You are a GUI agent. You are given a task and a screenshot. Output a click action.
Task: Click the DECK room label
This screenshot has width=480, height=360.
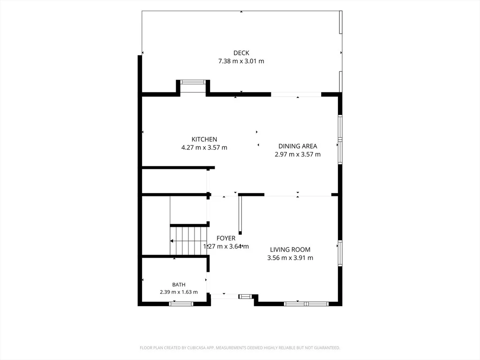(x=241, y=53)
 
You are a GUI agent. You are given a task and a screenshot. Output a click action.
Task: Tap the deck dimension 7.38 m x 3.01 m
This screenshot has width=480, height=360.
(x=241, y=61)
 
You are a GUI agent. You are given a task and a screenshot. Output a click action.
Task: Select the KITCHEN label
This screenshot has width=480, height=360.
(x=204, y=139)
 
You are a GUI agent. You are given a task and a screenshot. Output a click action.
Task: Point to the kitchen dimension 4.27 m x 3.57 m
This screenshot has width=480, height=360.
(x=204, y=148)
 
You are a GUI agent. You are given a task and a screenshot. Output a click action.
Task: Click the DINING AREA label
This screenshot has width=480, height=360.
(x=298, y=146)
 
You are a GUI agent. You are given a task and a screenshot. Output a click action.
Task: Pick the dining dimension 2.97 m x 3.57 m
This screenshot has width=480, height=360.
(x=298, y=155)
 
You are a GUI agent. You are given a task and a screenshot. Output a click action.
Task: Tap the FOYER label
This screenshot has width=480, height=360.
(x=226, y=238)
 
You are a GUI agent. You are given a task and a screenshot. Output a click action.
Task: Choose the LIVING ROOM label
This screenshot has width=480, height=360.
(x=290, y=250)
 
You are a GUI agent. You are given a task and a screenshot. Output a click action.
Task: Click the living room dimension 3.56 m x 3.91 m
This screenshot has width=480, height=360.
(x=290, y=258)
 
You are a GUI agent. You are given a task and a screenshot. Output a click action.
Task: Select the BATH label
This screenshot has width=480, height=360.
(x=179, y=285)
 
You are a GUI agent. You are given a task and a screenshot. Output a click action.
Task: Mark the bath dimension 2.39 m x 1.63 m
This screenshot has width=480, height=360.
(x=179, y=292)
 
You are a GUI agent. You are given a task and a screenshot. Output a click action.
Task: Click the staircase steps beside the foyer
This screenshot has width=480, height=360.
(x=189, y=240)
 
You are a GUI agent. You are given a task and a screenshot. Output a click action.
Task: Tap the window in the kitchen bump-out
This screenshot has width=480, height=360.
(x=193, y=82)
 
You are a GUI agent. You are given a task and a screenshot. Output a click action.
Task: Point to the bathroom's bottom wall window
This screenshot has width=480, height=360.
(x=181, y=304)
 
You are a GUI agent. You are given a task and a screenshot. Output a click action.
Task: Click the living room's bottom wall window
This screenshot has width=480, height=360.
(x=306, y=304)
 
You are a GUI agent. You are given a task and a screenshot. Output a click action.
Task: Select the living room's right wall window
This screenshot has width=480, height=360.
(x=340, y=254)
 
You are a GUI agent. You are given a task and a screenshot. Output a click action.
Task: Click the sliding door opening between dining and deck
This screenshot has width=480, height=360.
(x=296, y=95)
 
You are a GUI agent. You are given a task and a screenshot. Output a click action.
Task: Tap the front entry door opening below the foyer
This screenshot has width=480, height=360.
(x=225, y=296)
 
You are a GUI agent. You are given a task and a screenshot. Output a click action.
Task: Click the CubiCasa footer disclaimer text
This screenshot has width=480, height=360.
(x=240, y=348)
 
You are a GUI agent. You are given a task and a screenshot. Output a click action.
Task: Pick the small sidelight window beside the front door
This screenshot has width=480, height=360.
(x=245, y=296)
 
